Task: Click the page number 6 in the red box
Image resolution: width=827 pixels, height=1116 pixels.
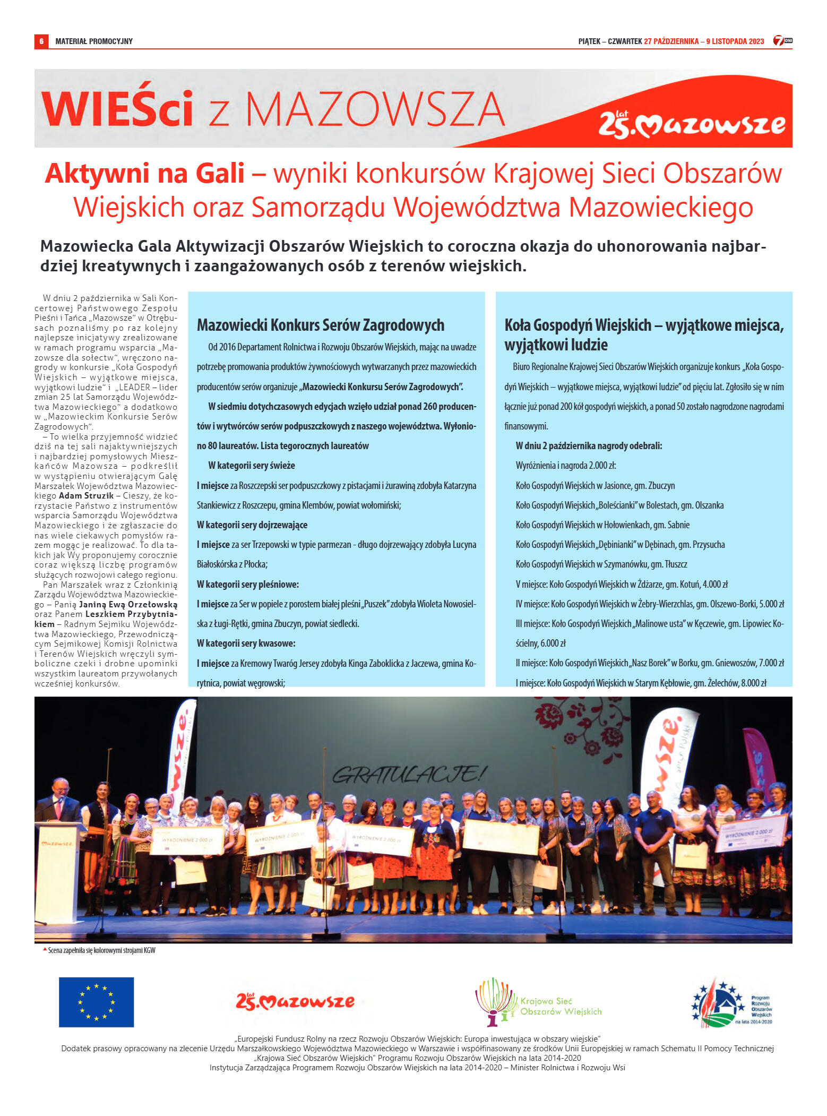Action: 41,41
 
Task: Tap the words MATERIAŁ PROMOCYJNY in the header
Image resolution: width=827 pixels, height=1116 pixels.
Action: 94,41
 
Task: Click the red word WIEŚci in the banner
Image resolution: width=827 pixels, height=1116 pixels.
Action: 117,109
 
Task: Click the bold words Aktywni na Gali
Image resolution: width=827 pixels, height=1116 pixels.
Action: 144,174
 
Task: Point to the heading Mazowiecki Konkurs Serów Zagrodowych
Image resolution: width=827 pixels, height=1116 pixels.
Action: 321,325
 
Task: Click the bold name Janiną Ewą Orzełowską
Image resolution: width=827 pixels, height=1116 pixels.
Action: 128,604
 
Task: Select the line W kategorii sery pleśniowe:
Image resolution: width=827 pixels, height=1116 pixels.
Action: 248,584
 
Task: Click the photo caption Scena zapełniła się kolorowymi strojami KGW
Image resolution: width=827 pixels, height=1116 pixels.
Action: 101,950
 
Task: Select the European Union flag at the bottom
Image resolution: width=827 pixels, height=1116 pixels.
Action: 96,1002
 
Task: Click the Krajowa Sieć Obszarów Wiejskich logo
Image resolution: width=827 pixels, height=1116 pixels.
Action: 538,1002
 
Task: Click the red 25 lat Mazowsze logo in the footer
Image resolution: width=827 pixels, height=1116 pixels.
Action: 295,1001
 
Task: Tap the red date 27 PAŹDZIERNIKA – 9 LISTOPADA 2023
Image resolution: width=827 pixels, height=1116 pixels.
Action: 704,41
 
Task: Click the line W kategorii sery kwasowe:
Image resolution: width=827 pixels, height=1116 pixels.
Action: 246,643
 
